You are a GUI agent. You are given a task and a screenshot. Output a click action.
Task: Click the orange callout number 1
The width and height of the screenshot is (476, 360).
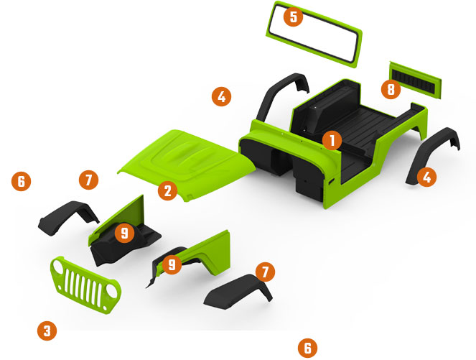[x=332, y=140]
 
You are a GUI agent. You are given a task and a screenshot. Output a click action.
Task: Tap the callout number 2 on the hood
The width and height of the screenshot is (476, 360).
[x=167, y=191]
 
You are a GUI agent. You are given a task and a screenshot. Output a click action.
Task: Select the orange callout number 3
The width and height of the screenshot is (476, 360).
[x=47, y=331]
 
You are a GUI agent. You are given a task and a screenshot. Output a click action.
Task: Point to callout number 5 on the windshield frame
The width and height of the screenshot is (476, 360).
[x=293, y=17]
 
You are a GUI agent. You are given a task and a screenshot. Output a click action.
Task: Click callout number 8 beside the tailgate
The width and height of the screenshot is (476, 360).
[x=391, y=89]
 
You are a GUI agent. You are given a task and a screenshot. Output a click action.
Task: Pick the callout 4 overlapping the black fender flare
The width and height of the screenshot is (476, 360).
[x=427, y=177]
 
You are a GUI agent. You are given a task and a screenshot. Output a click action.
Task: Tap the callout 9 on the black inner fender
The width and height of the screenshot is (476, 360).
[x=124, y=233]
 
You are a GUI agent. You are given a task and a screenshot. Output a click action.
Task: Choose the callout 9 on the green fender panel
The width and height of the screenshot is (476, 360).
[x=172, y=264]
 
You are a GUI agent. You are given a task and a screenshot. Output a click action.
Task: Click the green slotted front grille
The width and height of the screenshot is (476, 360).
[x=85, y=285]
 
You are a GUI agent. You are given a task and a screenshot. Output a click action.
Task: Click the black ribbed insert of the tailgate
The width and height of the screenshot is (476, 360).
[x=413, y=80]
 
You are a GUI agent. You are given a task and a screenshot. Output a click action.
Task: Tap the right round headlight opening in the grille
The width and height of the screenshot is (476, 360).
[x=112, y=291]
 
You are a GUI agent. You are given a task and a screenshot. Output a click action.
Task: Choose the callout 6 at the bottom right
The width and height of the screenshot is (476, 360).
[x=307, y=348]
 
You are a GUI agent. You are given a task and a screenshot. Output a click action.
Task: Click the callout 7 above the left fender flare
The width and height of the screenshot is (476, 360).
[x=88, y=180]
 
